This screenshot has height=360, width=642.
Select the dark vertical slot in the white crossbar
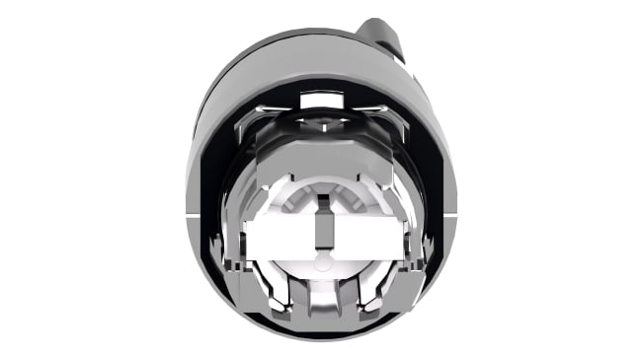(x=318, y=222)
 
